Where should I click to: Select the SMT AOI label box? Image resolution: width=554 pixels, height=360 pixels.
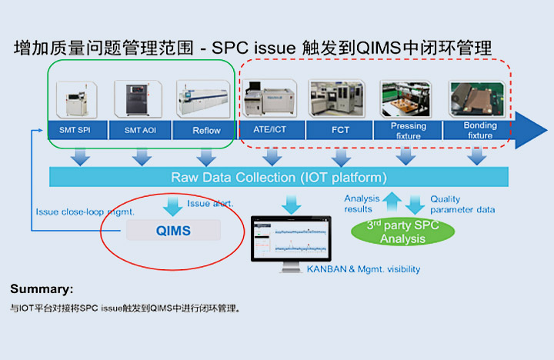[138, 130]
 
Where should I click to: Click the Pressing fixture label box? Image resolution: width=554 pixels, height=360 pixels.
[408, 130]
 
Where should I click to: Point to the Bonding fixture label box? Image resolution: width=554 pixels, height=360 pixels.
[480, 130]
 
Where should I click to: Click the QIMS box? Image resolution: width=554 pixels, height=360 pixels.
[172, 229]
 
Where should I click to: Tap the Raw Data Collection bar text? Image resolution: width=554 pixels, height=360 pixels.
[279, 178]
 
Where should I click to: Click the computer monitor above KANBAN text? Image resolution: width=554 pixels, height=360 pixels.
[292, 242]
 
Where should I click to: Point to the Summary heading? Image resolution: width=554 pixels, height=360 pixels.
[42, 289]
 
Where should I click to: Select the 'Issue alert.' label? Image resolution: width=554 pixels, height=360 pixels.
[210, 204]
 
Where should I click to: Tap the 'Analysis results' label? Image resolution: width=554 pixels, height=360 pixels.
[362, 204]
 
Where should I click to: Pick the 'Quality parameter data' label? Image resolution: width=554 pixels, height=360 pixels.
[462, 204]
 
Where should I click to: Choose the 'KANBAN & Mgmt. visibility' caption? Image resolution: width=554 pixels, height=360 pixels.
[363, 269]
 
